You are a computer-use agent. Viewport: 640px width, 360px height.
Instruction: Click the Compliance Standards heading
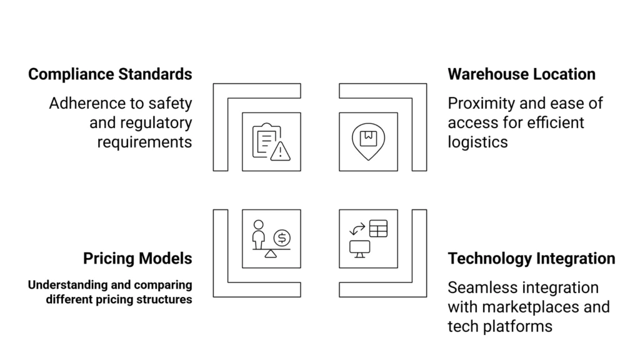click(x=110, y=74)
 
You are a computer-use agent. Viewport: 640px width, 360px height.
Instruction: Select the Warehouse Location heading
click(x=521, y=74)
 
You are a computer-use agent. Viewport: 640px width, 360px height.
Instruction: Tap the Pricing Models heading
click(x=137, y=258)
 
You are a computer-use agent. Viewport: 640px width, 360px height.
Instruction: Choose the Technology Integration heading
click(x=531, y=258)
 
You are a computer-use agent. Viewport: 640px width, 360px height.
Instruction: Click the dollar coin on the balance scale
click(x=282, y=237)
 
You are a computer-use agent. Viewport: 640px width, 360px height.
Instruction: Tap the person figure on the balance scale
click(x=258, y=232)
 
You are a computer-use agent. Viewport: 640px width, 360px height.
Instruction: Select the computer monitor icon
click(x=359, y=248)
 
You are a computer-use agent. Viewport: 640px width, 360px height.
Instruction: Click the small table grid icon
click(x=378, y=229)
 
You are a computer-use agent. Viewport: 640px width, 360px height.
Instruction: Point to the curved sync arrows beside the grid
click(x=357, y=229)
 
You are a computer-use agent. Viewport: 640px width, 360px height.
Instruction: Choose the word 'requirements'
click(x=144, y=142)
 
